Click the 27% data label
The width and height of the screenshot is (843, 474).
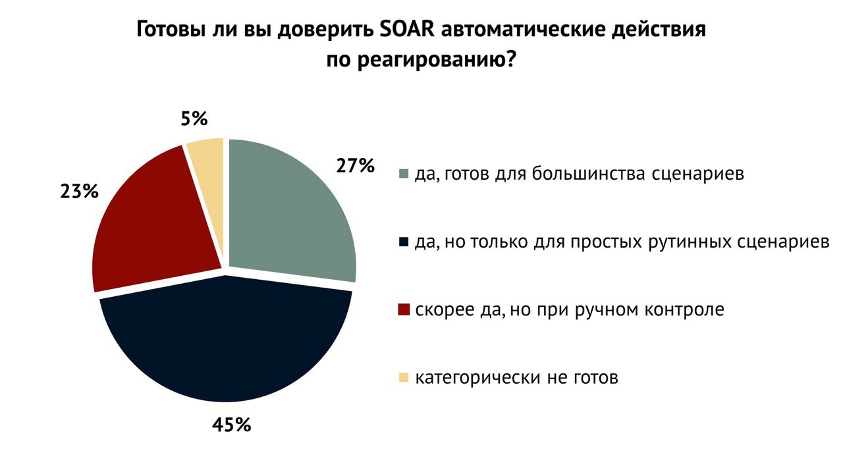(x=355, y=166)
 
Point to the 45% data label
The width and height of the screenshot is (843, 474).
(x=231, y=425)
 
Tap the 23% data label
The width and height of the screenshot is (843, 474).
(x=79, y=192)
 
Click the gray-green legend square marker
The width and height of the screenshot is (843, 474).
(x=404, y=174)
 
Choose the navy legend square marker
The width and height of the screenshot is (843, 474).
(x=404, y=242)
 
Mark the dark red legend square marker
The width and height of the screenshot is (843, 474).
(x=404, y=310)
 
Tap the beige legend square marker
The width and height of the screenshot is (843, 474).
(x=404, y=378)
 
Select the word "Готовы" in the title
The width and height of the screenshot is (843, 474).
(x=173, y=32)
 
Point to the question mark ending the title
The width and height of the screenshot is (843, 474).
(x=510, y=61)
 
